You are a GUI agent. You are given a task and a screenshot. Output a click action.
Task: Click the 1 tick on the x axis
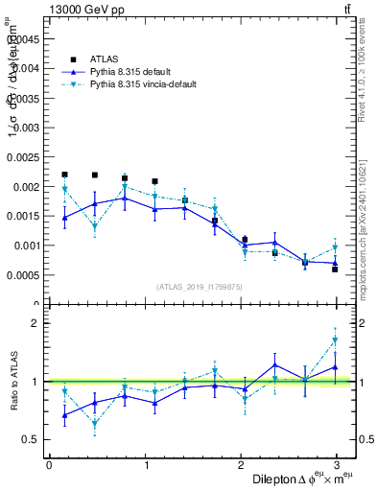click(x=145, y=464)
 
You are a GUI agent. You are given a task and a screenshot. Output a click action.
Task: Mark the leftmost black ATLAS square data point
click(x=64, y=175)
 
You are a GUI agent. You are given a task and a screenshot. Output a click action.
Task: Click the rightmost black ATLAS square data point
click(x=335, y=269)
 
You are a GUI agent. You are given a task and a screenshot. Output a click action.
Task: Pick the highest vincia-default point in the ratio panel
click(x=335, y=340)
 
